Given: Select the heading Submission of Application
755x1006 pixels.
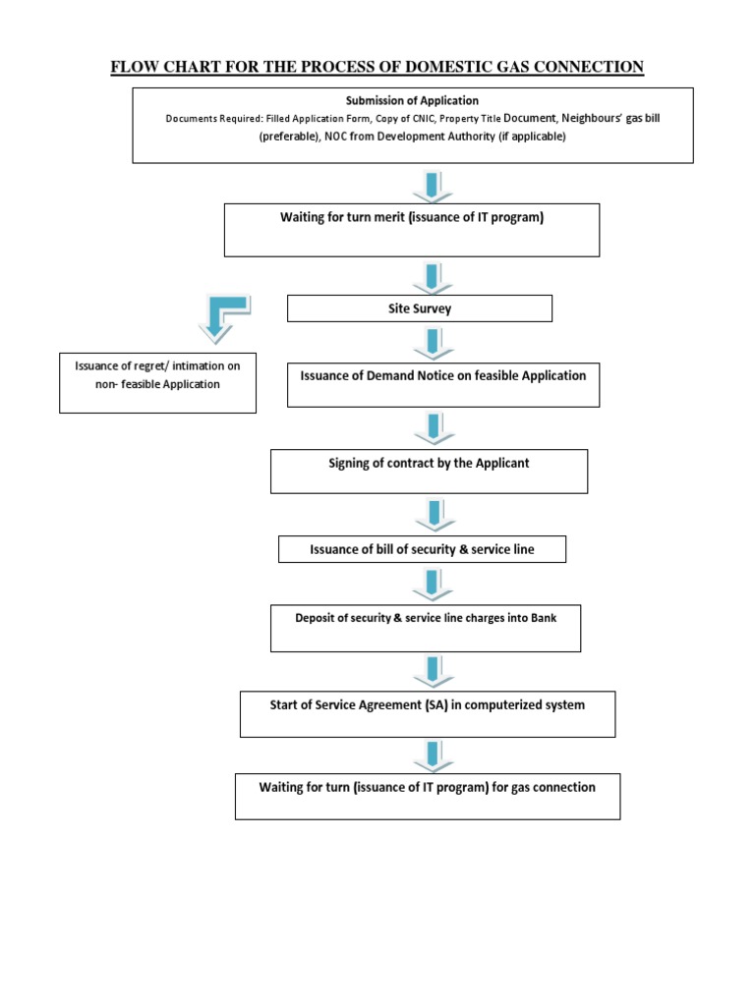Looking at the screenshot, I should [412, 100].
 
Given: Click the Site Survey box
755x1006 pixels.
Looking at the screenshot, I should [419, 308].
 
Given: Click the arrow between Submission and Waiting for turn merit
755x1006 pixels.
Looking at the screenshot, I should [433, 185].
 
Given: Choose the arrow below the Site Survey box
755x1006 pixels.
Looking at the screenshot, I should [433, 343].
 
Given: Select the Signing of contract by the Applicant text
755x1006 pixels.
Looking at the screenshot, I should [429, 463].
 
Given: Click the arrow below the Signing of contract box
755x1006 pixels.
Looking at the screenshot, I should [433, 515].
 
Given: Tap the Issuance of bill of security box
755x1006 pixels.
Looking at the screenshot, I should [422, 549].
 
